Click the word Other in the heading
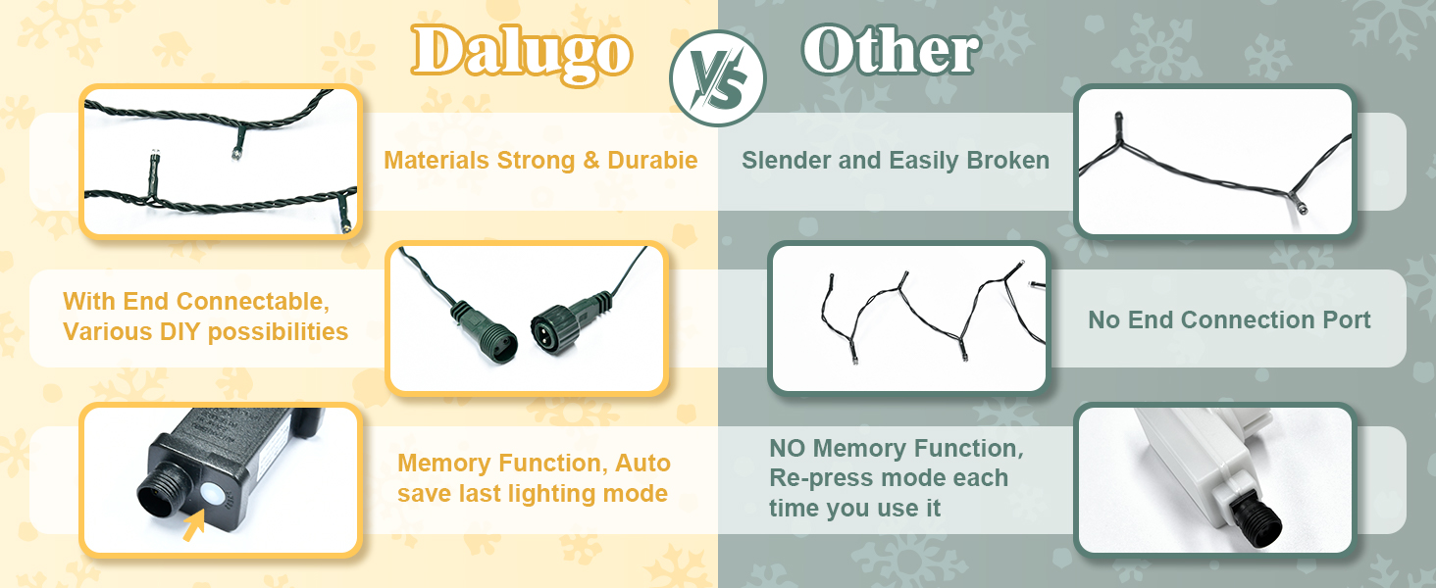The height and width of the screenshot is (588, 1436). tap(891, 50)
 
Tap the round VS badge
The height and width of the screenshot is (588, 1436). tap(718, 78)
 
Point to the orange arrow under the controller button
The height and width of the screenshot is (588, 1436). tap(193, 524)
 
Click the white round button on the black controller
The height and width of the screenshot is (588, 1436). tap(211, 495)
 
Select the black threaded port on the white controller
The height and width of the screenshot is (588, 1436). tap(1256, 520)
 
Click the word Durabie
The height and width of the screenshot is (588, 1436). tap(652, 160)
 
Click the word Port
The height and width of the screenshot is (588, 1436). tap(1346, 319)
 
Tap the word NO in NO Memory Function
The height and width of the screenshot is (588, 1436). tap(788, 449)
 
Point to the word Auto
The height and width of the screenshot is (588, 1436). tap(642, 463)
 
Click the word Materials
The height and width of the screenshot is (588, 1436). tap(436, 160)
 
